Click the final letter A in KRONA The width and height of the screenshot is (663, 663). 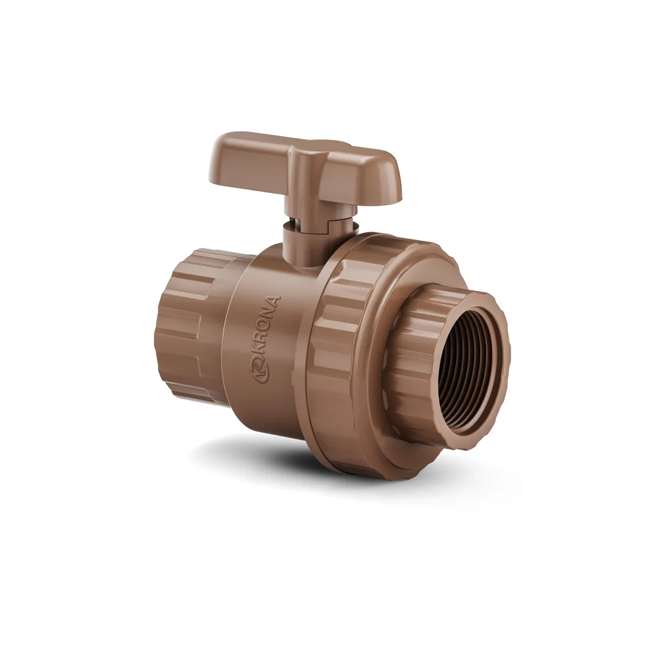[x=273, y=301]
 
